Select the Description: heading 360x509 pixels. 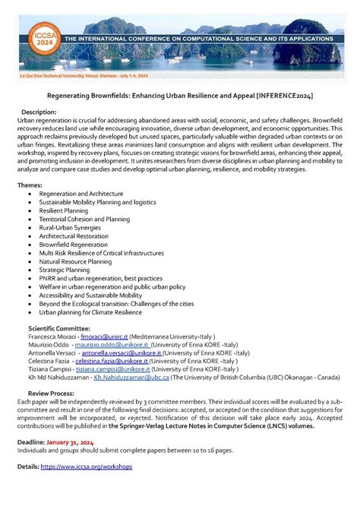tap(43, 112)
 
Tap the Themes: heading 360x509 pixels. tap(30, 185)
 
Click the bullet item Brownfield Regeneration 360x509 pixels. tap(74, 244)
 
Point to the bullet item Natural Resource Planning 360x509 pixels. tap(75, 261)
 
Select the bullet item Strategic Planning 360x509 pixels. tap(64, 270)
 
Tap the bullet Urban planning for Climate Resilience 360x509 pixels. tap(90, 311)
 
